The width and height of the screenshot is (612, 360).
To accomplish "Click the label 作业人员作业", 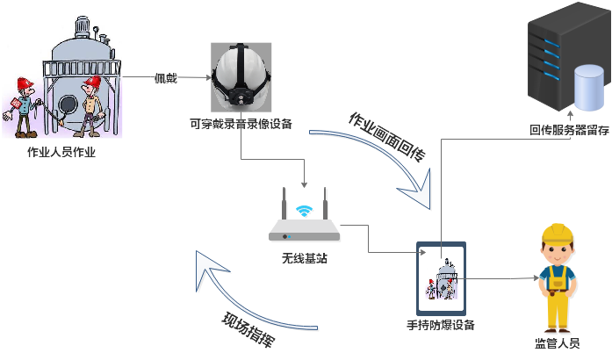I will [x=61, y=153].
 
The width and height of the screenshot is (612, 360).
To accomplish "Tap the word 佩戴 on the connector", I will [x=166, y=79].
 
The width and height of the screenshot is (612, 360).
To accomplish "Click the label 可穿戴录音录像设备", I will [x=241, y=123].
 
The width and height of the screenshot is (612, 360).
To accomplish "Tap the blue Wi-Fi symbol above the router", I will [x=305, y=212].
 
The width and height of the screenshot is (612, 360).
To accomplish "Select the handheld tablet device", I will [x=441, y=277].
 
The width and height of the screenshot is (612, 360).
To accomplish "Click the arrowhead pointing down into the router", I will [x=305, y=184].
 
